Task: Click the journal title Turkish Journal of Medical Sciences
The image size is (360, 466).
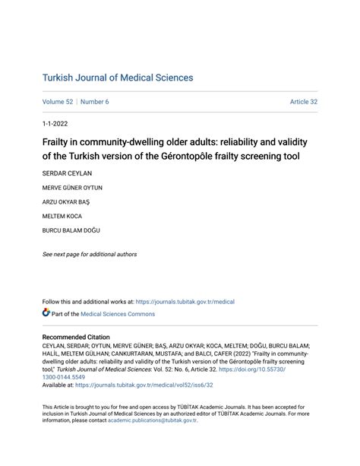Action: click(x=118, y=78)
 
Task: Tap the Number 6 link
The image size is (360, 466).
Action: click(x=95, y=102)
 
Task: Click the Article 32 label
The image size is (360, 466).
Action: click(x=303, y=102)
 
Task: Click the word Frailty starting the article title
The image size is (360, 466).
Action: click(x=58, y=141)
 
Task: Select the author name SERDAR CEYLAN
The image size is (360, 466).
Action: click(x=66, y=173)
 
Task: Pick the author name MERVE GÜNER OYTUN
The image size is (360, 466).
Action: click(x=72, y=187)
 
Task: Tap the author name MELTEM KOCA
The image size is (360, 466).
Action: click(x=62, y=216)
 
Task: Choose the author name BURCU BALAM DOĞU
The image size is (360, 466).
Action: click(x=71, y=230)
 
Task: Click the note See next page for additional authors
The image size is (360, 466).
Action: click(x=90, y=254)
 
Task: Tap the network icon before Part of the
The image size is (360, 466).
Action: click(x=46, y=313)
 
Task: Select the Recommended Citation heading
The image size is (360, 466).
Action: click(x=76, y=337)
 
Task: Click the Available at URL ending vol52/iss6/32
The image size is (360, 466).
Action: click(x=150, y=385)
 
